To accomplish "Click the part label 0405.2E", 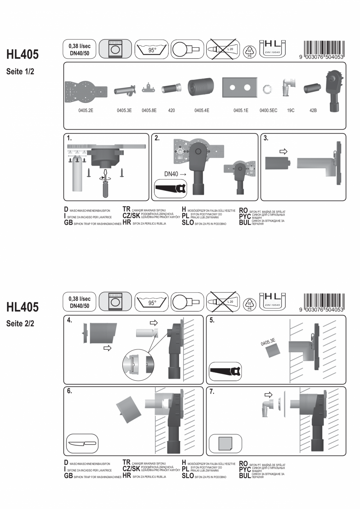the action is pyautogui.click(x=86, y=110).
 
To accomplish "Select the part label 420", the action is pyautogui.click(x=171, y=110).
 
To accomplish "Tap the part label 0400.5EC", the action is pyautogui.click(x=268, y=110).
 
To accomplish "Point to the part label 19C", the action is pyautogui.click(x=291, y=110).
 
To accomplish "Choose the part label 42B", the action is pyautogui.click(x=313, y=110).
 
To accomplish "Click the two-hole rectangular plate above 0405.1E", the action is pyautogui.click(x=240, y=88).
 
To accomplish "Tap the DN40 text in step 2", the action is pyautogui.click(x=171, y=174).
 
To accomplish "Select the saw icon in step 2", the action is pyautogui.click(x=171, y=188).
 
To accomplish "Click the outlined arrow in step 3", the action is pyautogui.click(x=283, y=151).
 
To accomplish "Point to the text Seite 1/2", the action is pyautogui.click(x=20, y=72).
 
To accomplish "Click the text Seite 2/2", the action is pyautogui.click(x=20, y=323).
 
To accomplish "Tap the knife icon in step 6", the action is pyautogui.click(x=82, y=443).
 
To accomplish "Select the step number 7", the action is pyautogui.click(x=212, y=392).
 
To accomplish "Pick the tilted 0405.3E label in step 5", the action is pyautogui.click(x=268, y=342).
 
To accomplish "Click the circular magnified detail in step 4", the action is pyautogui.click(x=138, y=365).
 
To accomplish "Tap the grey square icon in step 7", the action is pyautogui.click(x=225, y=443).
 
